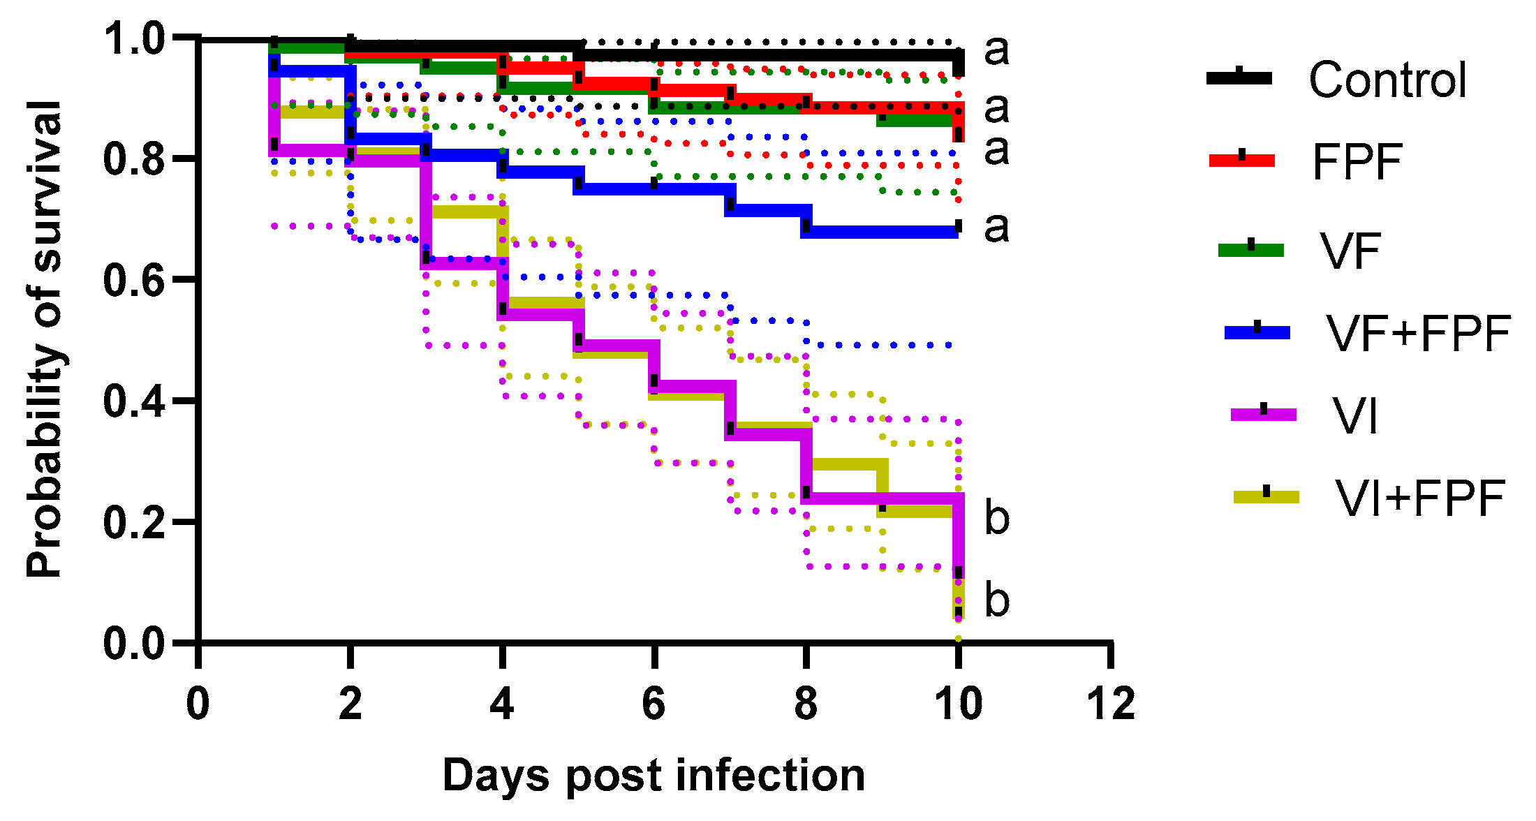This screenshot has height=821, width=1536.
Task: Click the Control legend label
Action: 1387,80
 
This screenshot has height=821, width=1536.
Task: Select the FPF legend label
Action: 1357,162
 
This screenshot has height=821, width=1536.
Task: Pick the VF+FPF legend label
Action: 1419,333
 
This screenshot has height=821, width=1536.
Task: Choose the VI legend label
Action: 1355,416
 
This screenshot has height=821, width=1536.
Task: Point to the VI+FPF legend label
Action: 1419,498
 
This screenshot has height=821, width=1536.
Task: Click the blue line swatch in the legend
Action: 1257,332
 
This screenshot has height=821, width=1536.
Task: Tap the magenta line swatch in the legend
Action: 1263,415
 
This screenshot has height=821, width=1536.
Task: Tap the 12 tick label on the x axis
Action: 1111,703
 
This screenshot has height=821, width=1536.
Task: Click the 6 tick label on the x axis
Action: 653,703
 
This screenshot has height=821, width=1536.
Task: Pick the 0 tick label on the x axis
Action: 198,703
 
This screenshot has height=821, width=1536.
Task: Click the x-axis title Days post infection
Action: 653,776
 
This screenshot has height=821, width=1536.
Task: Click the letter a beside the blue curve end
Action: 997,226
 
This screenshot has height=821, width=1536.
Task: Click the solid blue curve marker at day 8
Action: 806,225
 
